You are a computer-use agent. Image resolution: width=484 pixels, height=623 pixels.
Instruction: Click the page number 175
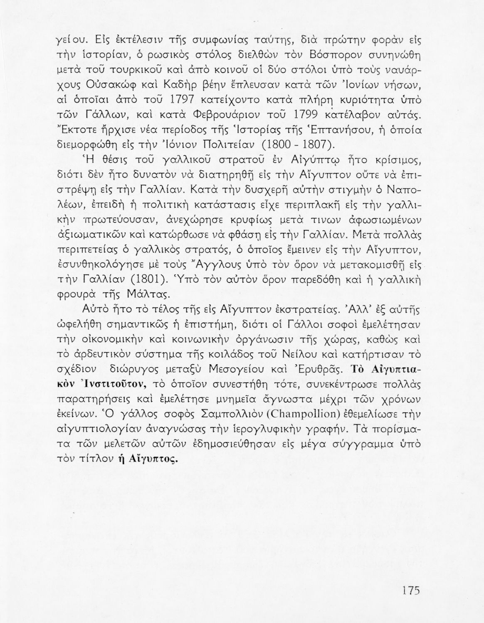coord(411,591)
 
